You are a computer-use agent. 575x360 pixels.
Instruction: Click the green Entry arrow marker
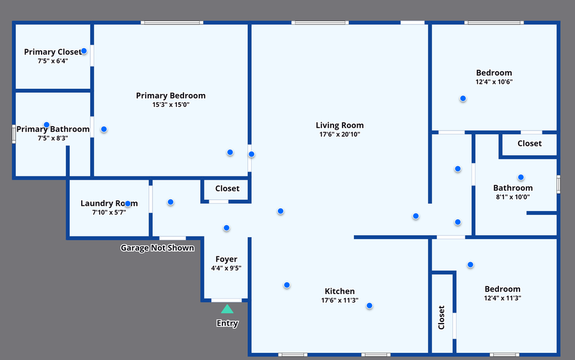[x=227, y=309]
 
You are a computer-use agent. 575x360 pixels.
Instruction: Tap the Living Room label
[x=339, y=125]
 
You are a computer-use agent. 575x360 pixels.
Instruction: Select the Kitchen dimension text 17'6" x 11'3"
[x=339, y=301]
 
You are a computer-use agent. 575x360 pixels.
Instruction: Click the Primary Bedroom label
[x=171, y=96]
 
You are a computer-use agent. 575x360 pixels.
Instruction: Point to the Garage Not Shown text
[x=157, y=248]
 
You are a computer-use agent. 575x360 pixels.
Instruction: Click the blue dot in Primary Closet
[x=84, y=51]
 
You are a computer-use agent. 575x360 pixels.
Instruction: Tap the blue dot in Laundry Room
[x=128, y=203]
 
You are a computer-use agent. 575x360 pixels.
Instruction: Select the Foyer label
[x=226, y=259]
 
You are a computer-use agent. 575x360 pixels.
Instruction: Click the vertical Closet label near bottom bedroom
[x=441, y=317]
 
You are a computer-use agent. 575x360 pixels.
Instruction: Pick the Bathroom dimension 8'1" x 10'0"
[x=512, y=197]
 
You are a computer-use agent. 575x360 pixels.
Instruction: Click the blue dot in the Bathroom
[x=521, y=177]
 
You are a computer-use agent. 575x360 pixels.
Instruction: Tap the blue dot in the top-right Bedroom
[x=463, y=98]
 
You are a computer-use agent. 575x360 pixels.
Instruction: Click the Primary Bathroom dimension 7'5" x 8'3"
[x=53, y=138]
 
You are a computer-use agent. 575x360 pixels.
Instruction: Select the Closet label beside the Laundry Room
[x=227, y=189]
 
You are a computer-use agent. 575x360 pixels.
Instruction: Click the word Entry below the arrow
[x=227, y=324]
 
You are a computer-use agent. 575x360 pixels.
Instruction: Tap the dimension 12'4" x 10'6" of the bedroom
[x=494, y=82]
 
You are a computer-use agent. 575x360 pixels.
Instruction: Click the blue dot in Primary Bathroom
[x=47, y=125]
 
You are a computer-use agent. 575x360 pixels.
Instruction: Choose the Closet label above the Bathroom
[x=529, y=144]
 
